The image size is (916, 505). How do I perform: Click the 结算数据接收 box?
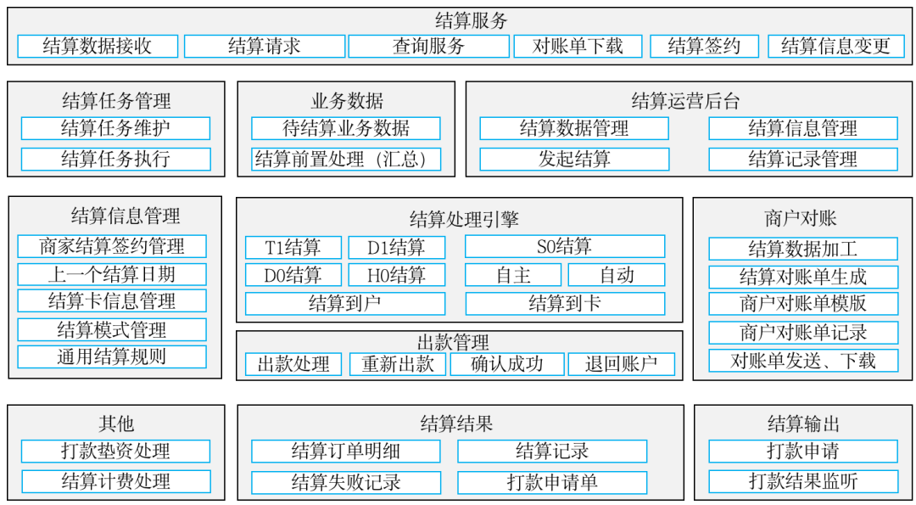point(98,46)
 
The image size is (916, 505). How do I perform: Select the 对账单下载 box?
point(578,46)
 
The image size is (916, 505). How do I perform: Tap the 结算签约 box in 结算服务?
point(704,46)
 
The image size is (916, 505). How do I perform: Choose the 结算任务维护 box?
point(115,128)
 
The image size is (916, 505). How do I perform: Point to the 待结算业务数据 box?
point(345,128)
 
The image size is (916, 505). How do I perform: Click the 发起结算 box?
point(573,159)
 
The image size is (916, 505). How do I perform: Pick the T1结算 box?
point(293,248)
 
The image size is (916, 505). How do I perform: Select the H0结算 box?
point(396,275)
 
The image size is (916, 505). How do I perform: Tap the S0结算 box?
point(564,247)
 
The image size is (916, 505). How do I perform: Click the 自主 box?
point(512,275)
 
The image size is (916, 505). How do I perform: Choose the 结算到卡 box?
point(564,303)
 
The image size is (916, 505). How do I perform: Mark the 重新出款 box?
point(398,364)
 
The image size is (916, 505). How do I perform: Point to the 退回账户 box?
point(621,364)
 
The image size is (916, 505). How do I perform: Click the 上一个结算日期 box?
point(111,274)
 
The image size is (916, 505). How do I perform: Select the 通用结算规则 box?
point(111,356)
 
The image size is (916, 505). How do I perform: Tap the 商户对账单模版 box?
point(802,304)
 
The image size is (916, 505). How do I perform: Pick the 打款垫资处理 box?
point(115,451)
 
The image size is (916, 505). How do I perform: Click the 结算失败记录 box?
point(345,482)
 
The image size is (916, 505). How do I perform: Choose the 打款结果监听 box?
point(802,481)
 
